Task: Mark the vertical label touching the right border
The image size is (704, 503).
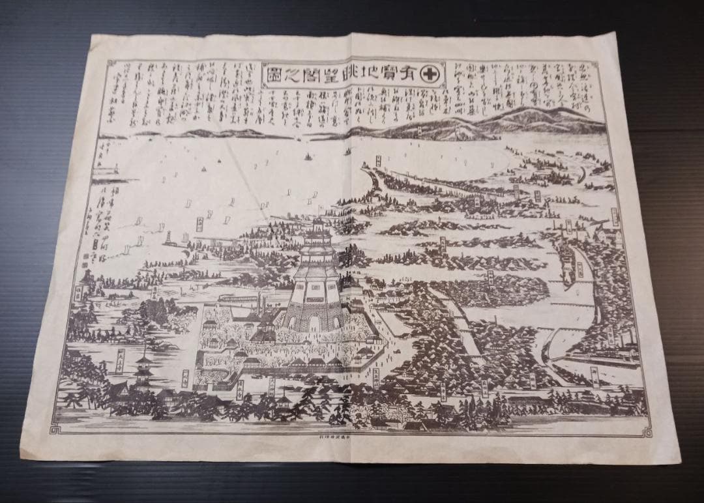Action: (x=615, y=217)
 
